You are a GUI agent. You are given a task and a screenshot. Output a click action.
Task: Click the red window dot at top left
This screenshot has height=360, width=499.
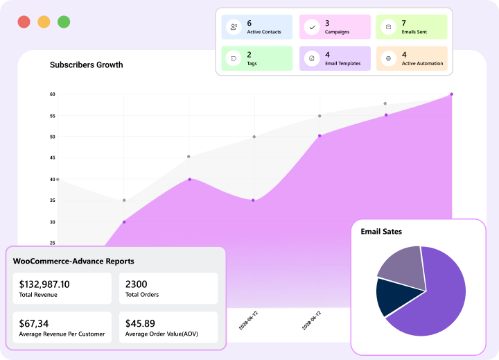click(24, 22)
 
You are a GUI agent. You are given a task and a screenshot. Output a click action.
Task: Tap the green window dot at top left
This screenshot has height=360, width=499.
click(64, 22)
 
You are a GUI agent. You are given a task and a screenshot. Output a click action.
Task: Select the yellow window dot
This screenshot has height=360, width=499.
click(44, 22)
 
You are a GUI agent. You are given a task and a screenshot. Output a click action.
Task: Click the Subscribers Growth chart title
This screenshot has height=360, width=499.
click(86, 65)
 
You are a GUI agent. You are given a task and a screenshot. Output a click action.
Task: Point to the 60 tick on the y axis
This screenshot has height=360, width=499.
click(52, 94)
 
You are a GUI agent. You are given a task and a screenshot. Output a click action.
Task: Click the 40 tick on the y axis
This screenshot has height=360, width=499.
click(52, 180)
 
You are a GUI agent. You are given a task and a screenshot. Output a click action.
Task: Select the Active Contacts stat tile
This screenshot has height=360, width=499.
click(257, 27)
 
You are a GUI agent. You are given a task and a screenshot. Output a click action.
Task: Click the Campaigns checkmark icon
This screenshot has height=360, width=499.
click(312, 27)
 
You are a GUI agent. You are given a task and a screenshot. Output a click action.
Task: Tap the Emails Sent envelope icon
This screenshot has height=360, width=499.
click(389, 27)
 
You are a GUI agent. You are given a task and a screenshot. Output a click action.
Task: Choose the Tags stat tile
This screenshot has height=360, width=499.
click(257, 58)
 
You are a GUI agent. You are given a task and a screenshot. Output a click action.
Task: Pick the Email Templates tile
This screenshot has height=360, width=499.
click(334, 58)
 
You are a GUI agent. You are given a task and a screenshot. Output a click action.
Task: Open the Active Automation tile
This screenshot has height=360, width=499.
click(411, 58)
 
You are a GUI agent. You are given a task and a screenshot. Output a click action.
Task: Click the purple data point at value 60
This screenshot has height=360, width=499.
click(451, 94)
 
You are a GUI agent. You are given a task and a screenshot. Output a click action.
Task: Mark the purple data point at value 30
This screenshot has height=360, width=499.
click(124, 222)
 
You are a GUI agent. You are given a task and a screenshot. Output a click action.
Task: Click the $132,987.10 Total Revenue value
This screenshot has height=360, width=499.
click(44, 284)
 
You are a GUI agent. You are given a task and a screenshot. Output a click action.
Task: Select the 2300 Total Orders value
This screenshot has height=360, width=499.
click(136, 284)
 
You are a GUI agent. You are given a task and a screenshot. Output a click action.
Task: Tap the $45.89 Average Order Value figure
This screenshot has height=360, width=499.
click(140, 323)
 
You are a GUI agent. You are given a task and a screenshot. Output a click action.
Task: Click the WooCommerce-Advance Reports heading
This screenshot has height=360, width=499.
click(73, 262)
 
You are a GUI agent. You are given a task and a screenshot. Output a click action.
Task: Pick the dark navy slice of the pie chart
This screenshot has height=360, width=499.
click(389, 296)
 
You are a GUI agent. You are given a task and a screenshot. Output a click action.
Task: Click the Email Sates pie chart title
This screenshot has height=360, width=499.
click(381, 232)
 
